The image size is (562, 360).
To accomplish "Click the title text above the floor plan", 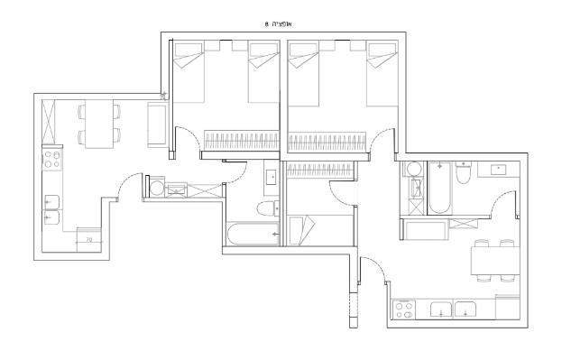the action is [x=279, y=24].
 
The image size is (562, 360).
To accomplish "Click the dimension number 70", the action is [x=89, y=239].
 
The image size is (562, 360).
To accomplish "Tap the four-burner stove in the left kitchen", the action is [x=52, y=160].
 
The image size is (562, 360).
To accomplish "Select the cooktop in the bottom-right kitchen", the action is [x=404, y=310].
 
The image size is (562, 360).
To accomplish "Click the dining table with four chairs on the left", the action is [x=99, y=124].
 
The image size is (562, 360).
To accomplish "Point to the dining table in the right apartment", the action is [x=495, y=261].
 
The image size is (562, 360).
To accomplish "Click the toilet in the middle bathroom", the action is [x=268, y=208].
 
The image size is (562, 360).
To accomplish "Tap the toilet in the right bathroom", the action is [x=464, y=173].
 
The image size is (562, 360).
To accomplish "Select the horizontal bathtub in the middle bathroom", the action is [x=253, y=235].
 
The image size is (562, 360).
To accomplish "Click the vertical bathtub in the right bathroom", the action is [x=439, y=188].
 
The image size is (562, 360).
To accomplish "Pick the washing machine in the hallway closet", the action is [x=156, y=187].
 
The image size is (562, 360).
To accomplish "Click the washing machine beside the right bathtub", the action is [x=414, y=169].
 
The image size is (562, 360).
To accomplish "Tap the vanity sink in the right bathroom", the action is [x=499, y=170].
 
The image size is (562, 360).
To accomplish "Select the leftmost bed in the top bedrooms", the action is [x=189, y=73].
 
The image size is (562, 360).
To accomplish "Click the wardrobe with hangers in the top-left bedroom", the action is [x=241, y=140].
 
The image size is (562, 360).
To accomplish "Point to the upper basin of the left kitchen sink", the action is [x=51, y=202].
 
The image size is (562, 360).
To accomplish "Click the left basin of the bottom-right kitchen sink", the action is [x=441, y=310].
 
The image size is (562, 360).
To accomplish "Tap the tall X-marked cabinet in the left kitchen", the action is [x=49, y=122].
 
